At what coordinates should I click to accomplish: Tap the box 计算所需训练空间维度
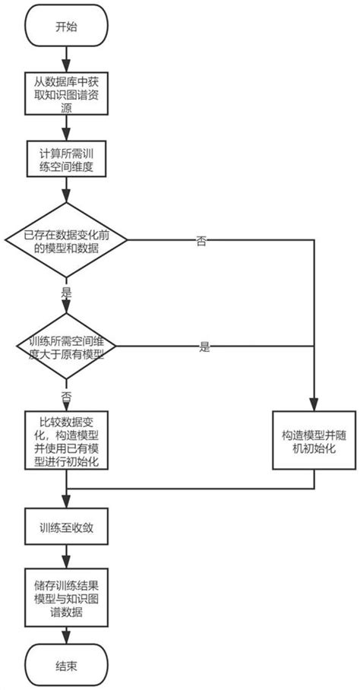pyautogui.click(x=67, y=160)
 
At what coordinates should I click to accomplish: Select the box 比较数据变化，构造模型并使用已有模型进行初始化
pyautogui.click(x=67, y=441)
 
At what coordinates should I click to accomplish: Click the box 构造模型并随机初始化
pyautogui.click(x=313, y=441)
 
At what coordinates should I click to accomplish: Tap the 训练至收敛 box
pyautogui.click(x=67, y=527)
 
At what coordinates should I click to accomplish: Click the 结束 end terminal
pyautogui.click(x=67, y=665)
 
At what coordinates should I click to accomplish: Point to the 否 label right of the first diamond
pyautogui.click(x=202, y=241)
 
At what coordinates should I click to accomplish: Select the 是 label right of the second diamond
pyautogui.click(x=204, y=347)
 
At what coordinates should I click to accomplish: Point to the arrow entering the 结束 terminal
pyautogui.click(x=67, y=634)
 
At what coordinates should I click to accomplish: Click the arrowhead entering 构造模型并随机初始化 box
pyautogui.click(x=313, y=406)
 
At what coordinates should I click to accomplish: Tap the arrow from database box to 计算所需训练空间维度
pyautogui.click(x=67, y=129)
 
